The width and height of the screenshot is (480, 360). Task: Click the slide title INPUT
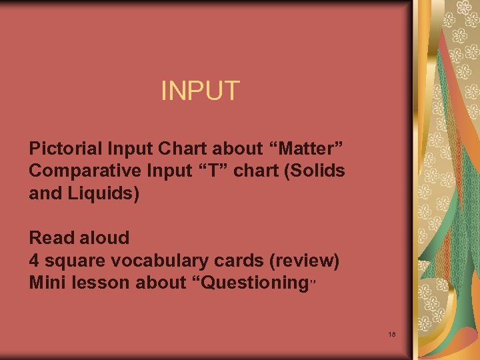pos(200,91)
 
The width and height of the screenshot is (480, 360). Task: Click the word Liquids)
pos(103,195)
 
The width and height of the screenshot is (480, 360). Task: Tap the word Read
pos(49,237)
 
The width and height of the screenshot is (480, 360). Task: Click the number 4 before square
pos(34,260)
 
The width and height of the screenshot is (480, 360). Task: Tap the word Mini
pos(47,283)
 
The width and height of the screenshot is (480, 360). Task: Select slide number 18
pos(391,333)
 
